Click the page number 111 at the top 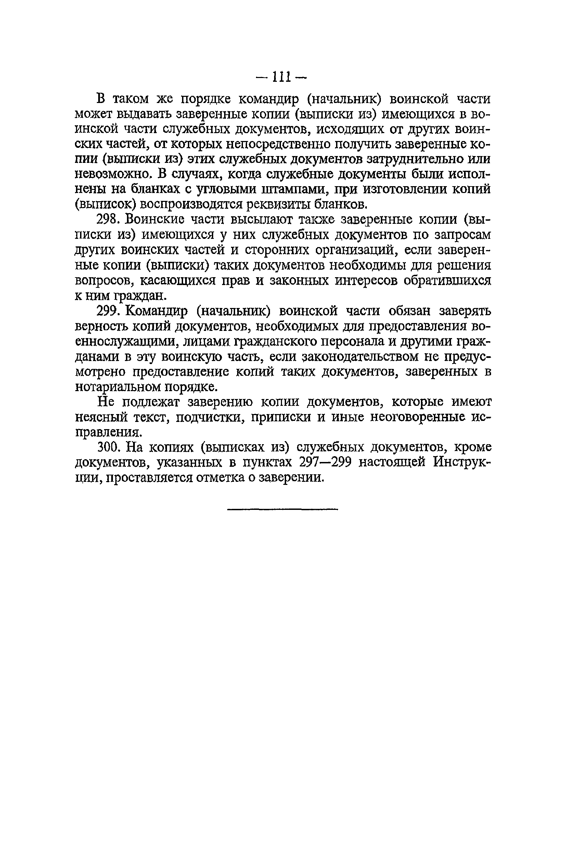tap(282, 77)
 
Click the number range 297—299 tap(325, 462)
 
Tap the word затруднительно tap(414, 159)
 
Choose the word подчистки tap(208, 417)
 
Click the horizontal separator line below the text tap(283, 509)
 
